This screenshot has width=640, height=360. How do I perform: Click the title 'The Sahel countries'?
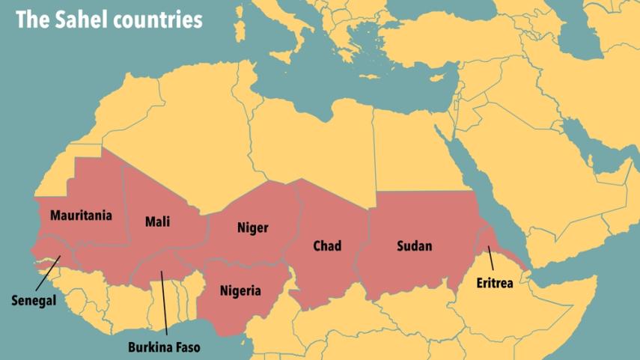pyautogui.click(x=109, y=20)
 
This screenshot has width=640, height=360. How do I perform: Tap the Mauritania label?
pyautogui.click(x=81, y=216)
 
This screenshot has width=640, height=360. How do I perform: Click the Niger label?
pyautogui.click(x=252, y=228)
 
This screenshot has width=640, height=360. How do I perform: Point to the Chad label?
pyautogui.click(x=327, y=245)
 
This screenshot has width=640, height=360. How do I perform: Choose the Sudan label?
pyautogui.click(x=414, y=245)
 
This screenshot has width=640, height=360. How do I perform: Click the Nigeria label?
pyautogui.click(x=240, y=290)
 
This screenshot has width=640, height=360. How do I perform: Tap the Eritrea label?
pyautogui.click(x=498, y=284)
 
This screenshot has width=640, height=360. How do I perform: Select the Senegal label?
pyautogui.click(x=34, y=300)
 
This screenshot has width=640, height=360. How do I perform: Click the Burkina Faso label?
pyautogui.click(x=165, y=347)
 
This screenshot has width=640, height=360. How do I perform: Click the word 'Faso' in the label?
pyautogui.click(x=187, y=347)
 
